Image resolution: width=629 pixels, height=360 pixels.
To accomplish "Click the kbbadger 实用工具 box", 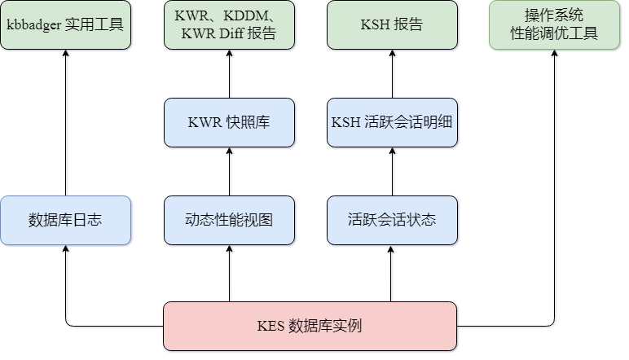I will [x=65, y=24].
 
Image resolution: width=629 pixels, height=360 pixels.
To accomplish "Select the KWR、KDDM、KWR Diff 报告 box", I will [x=229, y=24].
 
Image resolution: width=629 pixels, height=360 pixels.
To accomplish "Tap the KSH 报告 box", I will [x=392, y=24].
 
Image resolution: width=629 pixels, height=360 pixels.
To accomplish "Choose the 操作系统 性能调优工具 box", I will [x=554, y=24].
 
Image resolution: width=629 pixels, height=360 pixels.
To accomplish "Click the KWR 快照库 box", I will [x=229, y=123].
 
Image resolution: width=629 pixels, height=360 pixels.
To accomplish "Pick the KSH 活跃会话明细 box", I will [x=392, y=123].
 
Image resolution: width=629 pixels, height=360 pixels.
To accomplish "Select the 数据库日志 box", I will [x=65, y=220].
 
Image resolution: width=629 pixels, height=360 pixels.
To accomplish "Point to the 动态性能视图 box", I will [x=229, y=220].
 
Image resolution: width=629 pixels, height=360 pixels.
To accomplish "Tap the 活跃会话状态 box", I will [x=392, y=220].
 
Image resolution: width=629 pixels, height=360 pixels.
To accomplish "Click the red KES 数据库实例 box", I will [x=310, y=326].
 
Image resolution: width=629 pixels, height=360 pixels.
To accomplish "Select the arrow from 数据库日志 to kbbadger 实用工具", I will [x=65, y=122].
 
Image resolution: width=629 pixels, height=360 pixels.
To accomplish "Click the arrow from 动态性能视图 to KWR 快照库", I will [x=229, y=172].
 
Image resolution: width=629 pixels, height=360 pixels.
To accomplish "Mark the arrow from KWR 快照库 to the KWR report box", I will [x=229, y=74].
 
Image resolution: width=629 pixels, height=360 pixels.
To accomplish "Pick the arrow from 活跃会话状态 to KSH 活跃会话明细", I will [x=392, y=172].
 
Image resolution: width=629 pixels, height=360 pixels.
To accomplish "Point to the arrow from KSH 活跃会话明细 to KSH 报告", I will [x=392, y=74].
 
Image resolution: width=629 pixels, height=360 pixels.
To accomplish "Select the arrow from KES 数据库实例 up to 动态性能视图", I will [x=229, y=274].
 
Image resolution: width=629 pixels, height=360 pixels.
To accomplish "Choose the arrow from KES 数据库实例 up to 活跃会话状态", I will [x=392, y=274].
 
